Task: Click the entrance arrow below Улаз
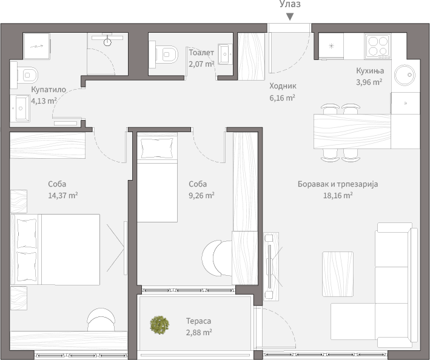click(x=290, y=17)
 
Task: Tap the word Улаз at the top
click(x=290, y=4)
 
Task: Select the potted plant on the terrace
click(x=160, y=325)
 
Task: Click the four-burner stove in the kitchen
click(x=378, y=46)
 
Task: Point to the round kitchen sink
click(x=405, y=75)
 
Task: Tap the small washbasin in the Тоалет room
click(x=225, y=54)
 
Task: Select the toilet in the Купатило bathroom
click(x=24, y=75)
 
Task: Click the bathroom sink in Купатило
click(x=20, y=108)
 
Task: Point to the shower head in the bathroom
click(x=107, y=42)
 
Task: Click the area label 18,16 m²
click(x=338, y=195)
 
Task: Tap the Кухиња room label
click(x=370, y=71)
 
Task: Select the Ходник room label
click(x=283, y=86)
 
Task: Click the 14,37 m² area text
click(x=63, y=195)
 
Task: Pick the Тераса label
click(x=198, y=321)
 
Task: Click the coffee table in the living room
click(x=338, y=274)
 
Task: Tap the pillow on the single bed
click(x=157, y=148)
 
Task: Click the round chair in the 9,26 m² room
click(x=217, y=258)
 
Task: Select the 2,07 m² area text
click(x=201, y=64)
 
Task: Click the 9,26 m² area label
click(x=201, y=195)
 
